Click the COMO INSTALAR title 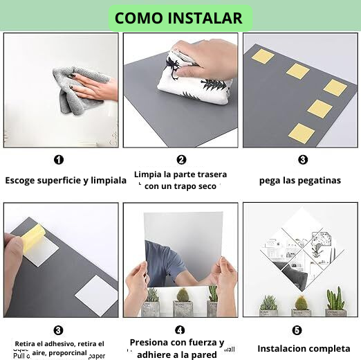pyautogui.click(x=178, y=18)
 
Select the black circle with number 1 pyautogui.click(x=59, y=160)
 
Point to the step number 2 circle pyautogui.click(x=181, y=160)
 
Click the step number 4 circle pyautogui.click(x=180, y=330)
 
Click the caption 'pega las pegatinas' pyautogui.click(x=300, y=180)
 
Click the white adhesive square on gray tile pyautogui.click(x=97, y=295)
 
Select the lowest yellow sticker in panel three pyautogui.click(x=302, y=132)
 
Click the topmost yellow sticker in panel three pyautogui.click(x=263, y=56)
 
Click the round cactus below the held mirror pyautogui.click(x=182, y=297)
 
